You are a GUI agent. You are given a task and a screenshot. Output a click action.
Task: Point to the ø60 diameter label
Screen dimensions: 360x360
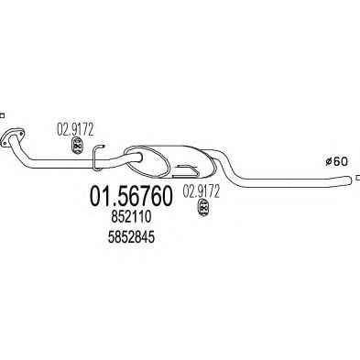pos(338,162)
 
